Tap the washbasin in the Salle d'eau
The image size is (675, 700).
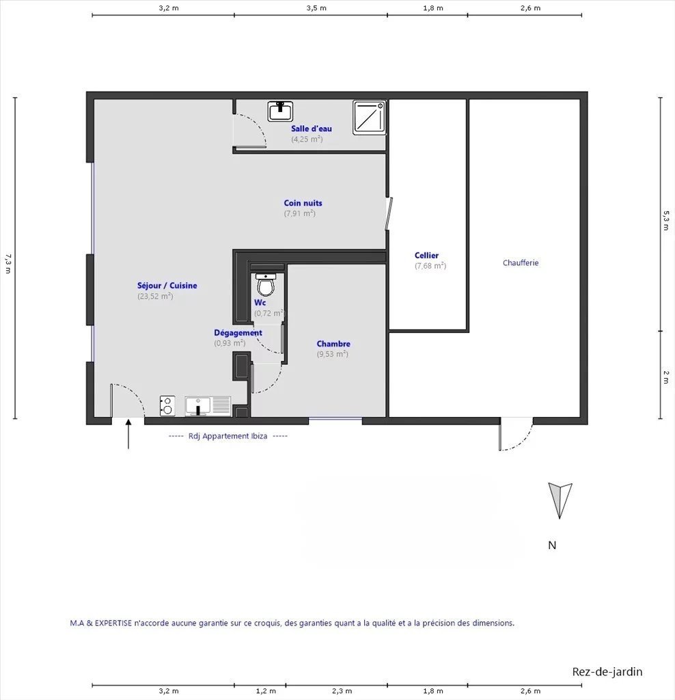(280, 111)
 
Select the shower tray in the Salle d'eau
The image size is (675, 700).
(370, 118)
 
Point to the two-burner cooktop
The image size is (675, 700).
(167, 406)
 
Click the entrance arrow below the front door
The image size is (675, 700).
(128, 433)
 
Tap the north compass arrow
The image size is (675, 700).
(560, 500)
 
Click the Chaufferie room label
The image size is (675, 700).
(521, 262)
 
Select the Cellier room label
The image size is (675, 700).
(426, 256)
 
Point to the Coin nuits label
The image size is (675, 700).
(303, 202)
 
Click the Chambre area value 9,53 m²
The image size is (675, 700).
(332, 354)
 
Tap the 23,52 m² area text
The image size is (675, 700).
(155, 296)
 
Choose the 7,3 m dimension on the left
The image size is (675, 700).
(8, 263)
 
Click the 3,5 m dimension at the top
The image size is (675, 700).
(316, 8)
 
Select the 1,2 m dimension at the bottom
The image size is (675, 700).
(266, 691)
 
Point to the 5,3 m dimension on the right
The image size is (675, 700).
(666, 221)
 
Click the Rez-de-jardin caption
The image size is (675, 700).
(607, 672)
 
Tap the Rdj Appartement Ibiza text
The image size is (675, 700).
(228, 436)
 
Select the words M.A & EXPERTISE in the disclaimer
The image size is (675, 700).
(101, 623)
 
